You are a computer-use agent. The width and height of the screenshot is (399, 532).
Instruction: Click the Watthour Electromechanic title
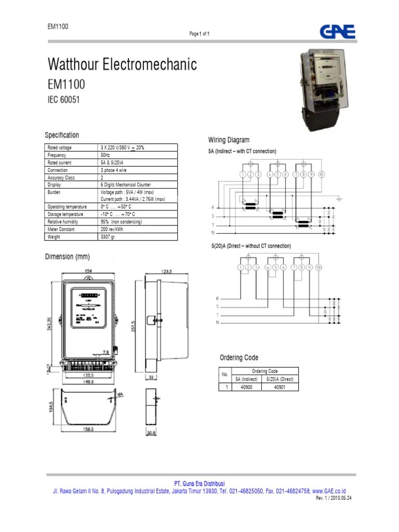[122, 65]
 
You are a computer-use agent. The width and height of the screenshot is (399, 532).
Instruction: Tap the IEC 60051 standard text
[64, 100]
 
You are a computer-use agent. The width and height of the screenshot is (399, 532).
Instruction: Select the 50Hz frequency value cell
[105, 155]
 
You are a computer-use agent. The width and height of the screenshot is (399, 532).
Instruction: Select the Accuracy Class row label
[61, 178]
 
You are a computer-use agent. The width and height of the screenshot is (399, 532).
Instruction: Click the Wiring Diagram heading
[229, 140]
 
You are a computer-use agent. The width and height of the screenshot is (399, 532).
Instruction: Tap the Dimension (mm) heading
[68, 257]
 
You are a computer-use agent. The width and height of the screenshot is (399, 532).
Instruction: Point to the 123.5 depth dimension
[166, 272]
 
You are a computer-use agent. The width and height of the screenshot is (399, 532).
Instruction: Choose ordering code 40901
[280, 387]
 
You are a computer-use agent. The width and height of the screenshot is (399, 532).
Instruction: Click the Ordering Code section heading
[239, 357]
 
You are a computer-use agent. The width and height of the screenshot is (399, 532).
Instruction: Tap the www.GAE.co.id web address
[329, 490]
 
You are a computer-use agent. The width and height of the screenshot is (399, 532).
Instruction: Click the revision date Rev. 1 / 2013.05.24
[334, 498]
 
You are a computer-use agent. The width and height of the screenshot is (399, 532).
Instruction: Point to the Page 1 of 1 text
[199, 34]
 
